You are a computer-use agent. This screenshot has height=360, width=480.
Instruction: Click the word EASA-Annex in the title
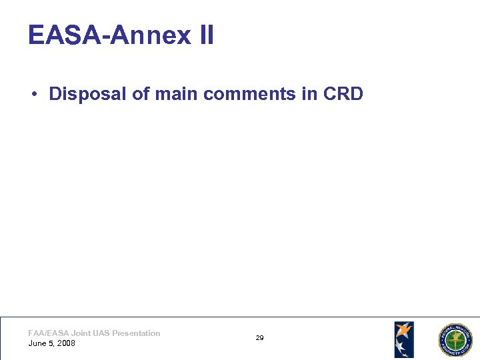(x=110, y=35)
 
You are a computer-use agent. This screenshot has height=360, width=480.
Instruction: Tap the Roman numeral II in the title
(x=206, y=35)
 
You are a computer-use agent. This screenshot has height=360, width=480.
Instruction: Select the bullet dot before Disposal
(x=33, y=95)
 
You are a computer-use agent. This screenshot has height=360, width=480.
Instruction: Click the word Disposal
(x=88, y=94)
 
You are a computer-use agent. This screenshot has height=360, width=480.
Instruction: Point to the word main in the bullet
(x=177, y=94)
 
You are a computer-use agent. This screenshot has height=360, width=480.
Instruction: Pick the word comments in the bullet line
(x=250, y=94)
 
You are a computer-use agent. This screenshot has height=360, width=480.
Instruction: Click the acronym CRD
(x=343, y=94)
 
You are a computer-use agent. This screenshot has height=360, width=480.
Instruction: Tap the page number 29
(x=259, y=338)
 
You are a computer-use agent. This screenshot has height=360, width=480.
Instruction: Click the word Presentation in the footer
(x=136, y=333)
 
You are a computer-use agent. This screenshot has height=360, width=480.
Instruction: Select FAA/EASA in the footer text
(x=49, y=333)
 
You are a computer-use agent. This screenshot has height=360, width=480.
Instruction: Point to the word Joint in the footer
(x=81, y=333)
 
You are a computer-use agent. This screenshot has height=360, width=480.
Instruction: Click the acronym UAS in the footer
(x=102, y=333)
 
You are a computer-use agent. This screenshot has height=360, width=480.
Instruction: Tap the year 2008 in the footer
(x=65, y=343)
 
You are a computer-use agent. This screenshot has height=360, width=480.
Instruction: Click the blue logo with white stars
(x=403, y=339)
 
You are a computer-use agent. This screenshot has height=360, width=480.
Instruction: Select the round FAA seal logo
(x=454, y=340)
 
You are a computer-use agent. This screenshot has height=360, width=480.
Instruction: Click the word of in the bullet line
(x=140, y=94)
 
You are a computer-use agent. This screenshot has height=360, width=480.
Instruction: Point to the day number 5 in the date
(x=51, y=343)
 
